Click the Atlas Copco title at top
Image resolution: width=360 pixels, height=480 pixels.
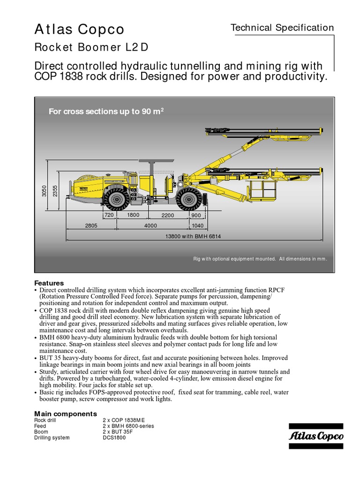coord(79,30)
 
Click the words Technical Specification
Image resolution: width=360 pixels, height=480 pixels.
coord(282,28)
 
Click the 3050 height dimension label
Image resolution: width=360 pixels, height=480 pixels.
coord(45,192)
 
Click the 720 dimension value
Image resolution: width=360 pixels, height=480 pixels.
coord(109,215)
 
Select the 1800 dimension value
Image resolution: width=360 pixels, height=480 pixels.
coord(134,215)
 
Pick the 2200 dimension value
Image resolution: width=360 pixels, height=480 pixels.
coord(168,215)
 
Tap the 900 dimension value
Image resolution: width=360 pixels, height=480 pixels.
coord(195,215)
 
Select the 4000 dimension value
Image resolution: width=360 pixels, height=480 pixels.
coord(150,225)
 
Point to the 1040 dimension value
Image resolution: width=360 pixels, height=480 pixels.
coord(197,225)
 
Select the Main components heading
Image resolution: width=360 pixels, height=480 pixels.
coord(66,414)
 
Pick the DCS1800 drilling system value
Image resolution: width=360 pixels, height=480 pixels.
coord(114,437)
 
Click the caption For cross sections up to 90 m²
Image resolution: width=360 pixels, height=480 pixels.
coord(106,112)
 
